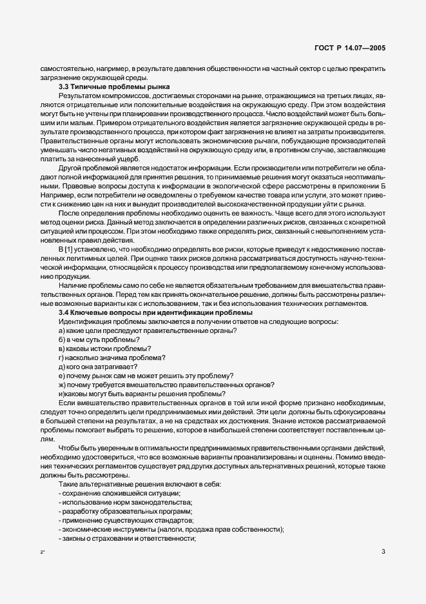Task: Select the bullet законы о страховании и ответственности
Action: point(127,538)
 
